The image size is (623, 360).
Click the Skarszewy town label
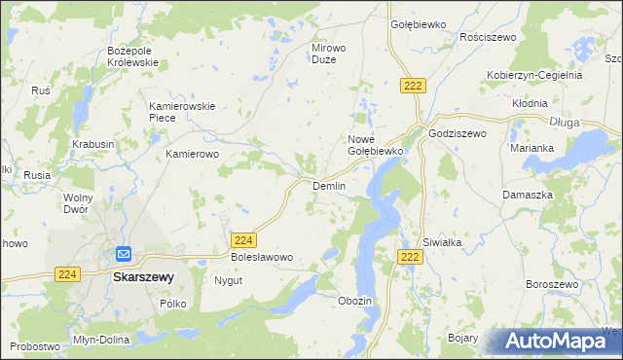click(143, 276)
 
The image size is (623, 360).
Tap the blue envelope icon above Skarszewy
click(124, 254)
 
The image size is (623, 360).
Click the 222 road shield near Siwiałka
click(410, 256)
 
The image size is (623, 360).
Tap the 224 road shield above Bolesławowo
click(244, 239)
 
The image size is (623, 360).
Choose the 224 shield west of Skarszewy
click(67, 275)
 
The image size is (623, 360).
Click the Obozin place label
click(354, 301)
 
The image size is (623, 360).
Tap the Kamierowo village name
click(194, 154)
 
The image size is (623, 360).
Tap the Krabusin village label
click(92, 144)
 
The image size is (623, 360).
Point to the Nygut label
click(228, 280)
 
